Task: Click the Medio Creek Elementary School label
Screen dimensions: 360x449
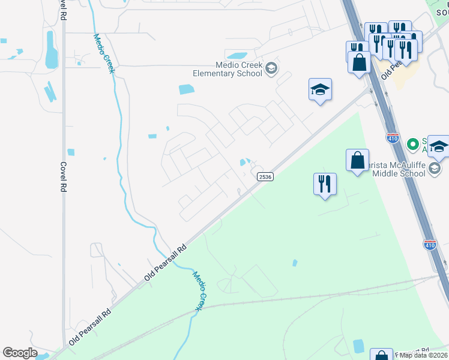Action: pyautogui.click(x=228, y=69)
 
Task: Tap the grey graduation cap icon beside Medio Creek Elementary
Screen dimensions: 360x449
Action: pyautogui.click(x=271, y=68)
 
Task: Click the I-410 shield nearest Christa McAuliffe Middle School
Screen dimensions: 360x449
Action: pyautogui.click(x=393, y=138)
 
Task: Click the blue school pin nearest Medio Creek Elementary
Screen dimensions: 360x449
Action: pyautogui.click(x=320, y=90)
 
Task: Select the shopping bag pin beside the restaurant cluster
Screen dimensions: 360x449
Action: pyautogui.click(x=360, y=62)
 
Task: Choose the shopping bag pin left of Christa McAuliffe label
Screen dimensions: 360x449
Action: pyautogui.click(x=357, y=160)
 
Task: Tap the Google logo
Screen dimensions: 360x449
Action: pyautogui.click(x=20, y=353)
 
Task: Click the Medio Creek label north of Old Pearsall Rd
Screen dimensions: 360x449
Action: pyautogui.click(x=103, y=53)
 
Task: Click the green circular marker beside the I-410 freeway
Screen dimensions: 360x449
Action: pyautogui.click(x=412, y=144)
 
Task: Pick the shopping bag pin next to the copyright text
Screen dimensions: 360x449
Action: pyautogui.click(x=381, y=355)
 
